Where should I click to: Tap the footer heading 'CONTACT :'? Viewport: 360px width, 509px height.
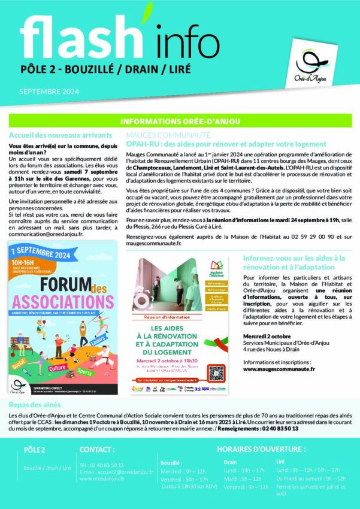point(97,449)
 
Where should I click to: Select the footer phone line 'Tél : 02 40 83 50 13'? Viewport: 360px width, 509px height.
point(102,465)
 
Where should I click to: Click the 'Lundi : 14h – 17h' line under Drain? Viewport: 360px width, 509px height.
point(240,471)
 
